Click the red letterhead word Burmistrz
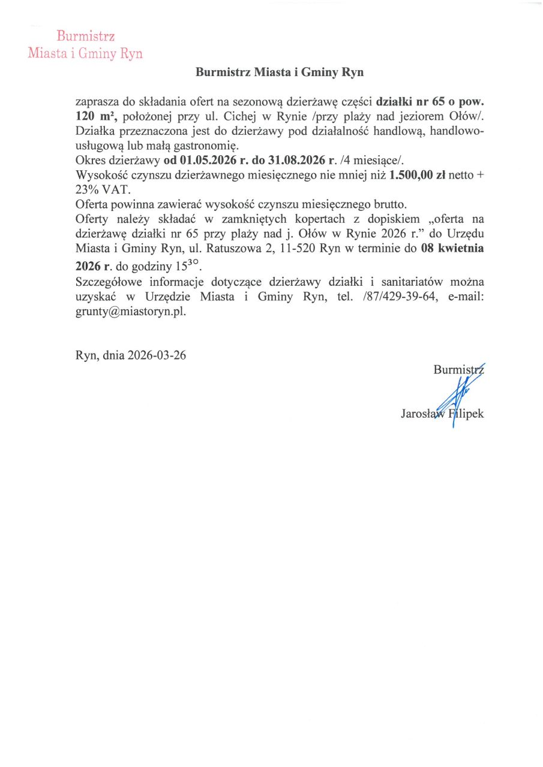[x=86, y=37]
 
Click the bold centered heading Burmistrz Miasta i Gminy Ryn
[x=280, y=73]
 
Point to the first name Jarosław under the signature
[x=422, y=413]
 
